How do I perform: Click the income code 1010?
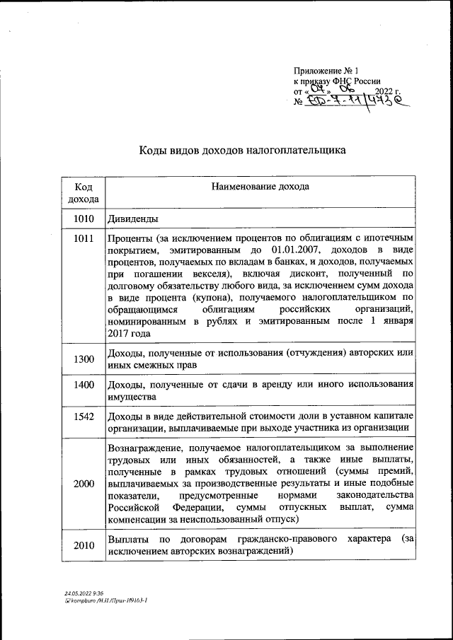[x=83, y=219]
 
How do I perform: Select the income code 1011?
[x=83, y=238]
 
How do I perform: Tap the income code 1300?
[x=83, y=359]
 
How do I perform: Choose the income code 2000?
[x=83, y=483]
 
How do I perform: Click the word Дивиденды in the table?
[x=132, y=219]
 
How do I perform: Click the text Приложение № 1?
[x=327, y=71]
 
